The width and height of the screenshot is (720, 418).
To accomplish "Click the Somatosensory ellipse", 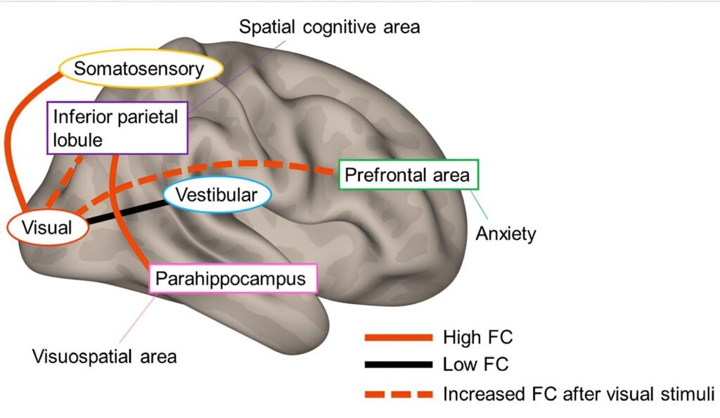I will coord(140,69).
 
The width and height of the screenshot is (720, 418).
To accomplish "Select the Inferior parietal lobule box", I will coord(117,127).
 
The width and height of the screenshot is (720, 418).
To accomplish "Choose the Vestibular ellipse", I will coord(216,196).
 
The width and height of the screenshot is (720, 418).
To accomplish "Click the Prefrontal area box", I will coord(409,175).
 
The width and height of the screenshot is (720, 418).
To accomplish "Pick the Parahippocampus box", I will coord(232,279).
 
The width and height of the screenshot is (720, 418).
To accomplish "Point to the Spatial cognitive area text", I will coord(329,27).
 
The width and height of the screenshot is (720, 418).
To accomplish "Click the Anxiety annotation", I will coord(506,234).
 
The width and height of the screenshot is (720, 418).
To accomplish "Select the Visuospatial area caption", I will coord(105,356).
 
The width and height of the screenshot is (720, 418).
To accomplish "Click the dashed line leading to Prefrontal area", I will coord(267,165).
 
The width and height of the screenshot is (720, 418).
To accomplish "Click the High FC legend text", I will coord(478,338).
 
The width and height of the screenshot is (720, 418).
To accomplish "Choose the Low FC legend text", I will coord(475,365).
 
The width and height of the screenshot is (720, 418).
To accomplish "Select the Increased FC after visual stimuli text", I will coord(578,393).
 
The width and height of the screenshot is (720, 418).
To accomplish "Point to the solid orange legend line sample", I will coord(398,338).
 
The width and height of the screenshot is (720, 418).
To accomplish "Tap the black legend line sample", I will coord(398,365).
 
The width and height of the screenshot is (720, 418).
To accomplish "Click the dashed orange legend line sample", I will coord(398,393).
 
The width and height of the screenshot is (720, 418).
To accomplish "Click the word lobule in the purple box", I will coord(78,140).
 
